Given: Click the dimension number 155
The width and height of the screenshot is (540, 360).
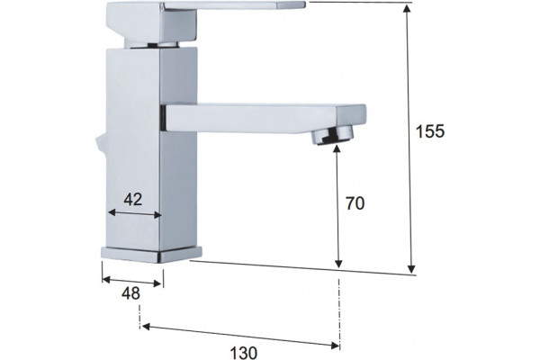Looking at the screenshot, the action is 430,131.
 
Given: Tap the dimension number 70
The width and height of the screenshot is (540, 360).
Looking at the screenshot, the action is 355,203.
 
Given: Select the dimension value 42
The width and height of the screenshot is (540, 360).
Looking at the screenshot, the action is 133,200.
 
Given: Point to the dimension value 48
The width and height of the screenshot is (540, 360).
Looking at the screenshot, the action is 130,293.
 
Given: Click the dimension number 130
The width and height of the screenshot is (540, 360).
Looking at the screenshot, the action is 244,353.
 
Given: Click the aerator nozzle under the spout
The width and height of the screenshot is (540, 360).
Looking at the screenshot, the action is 333,135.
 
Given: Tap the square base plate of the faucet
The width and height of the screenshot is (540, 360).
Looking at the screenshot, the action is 151,255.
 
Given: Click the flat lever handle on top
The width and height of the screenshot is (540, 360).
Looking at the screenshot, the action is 205,22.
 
